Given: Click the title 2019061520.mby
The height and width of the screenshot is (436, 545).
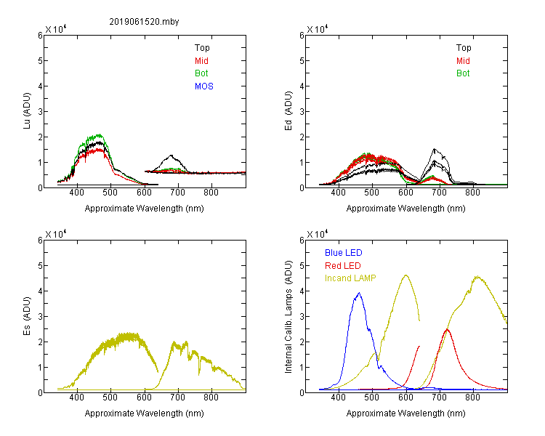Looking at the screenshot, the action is pyautogui.click(x=144, y=22).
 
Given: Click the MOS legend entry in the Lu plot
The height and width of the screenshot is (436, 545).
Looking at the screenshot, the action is pyautogui.click(x=204, y=86).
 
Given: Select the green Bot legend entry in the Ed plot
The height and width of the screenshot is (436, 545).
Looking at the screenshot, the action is pyautogui.click(x=463, y=73).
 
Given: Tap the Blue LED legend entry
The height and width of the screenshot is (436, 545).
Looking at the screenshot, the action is pyautogui.click(x=344, y=253).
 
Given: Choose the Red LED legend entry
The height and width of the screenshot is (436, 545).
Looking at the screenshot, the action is pyautogui.click(x=343, y=266).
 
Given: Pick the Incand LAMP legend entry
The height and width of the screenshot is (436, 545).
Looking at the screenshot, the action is pyautogui.click(x=350, y=278).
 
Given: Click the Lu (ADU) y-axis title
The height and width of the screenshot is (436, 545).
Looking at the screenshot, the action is pyautogui.click(x=27, y=110).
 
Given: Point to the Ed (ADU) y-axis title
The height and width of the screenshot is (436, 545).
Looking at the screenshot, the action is pyautogui.click(x=288, y=111).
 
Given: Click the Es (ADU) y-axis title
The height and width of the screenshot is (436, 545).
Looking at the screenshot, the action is pyautogui.click(x=27, y=315).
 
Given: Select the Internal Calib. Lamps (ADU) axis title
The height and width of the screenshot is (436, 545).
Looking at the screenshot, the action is pyautogui.click(x=288, y=317).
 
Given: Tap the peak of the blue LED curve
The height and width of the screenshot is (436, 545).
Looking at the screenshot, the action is pyautogui.click(x=360, y=293).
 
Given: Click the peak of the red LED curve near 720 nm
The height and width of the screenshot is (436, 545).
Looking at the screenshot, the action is pyautogui.click(x=447, y=329).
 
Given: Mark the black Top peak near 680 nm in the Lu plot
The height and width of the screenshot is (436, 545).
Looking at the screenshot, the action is pyautogui.click(x=171, y=156).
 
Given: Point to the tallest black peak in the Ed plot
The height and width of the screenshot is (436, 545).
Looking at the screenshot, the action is pyautogui.click(x=434, y=149).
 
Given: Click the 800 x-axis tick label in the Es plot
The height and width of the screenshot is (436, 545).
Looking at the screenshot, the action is pyautogui.click(x=211, y=397).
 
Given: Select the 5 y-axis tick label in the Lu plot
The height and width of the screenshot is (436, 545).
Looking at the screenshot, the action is pyautogui.click(x=40, y=61).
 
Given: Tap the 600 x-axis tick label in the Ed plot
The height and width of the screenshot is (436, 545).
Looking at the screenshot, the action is pyautogui.click(x=405, y=193).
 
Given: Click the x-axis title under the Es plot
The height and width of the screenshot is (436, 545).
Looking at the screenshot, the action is pyautogui.click(x=145, y=413).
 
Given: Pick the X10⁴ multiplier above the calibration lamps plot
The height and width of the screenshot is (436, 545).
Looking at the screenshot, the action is pyautogui.click(x=318, y=234).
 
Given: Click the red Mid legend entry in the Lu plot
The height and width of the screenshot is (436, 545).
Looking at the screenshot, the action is pyautogui.click(x=201, y=61).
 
